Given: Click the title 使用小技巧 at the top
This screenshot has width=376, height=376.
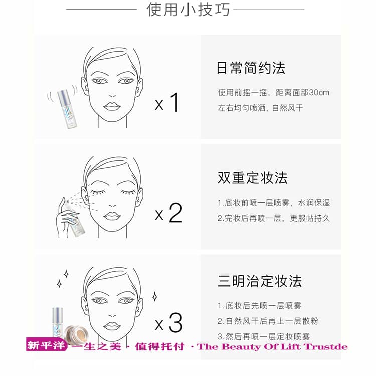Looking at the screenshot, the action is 188,10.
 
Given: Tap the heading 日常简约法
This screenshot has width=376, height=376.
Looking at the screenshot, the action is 251,68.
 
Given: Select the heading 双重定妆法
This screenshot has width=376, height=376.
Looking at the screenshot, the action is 252,178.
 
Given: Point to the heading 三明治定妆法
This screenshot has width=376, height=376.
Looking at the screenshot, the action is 260,281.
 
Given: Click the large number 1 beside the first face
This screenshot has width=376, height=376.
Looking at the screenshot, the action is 175,103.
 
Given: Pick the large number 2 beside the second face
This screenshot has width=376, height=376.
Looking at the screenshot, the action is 176,213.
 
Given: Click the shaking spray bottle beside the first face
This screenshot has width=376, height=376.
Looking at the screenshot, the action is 65,109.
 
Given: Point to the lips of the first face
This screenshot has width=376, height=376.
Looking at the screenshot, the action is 112,106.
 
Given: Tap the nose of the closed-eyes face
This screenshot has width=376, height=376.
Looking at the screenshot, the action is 112,206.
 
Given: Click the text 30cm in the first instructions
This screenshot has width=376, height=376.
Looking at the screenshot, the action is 319,93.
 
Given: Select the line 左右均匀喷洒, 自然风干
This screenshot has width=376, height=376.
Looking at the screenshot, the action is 260,108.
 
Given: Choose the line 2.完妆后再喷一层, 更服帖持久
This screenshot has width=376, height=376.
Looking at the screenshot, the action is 274,218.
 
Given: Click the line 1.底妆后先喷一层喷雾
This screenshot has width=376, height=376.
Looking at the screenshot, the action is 260,306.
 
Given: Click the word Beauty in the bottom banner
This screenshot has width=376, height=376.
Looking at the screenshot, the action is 242,347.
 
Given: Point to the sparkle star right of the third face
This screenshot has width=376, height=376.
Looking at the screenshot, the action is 155,297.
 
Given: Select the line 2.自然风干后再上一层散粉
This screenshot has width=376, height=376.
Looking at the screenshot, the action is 268,321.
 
